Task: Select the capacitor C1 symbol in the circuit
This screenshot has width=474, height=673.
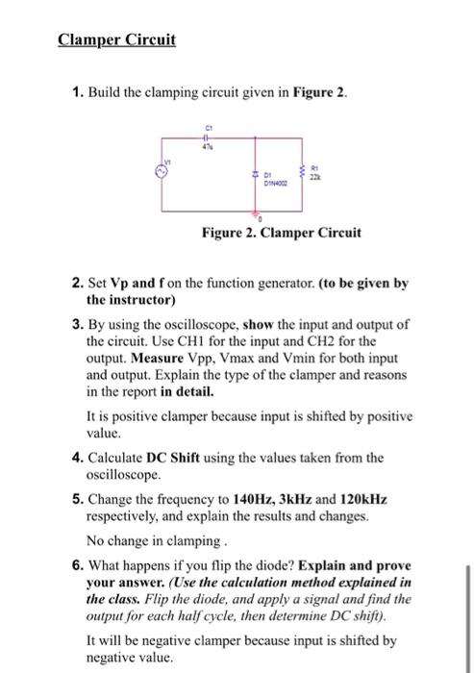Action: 207,136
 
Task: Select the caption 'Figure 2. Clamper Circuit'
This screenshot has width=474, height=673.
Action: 281,233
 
